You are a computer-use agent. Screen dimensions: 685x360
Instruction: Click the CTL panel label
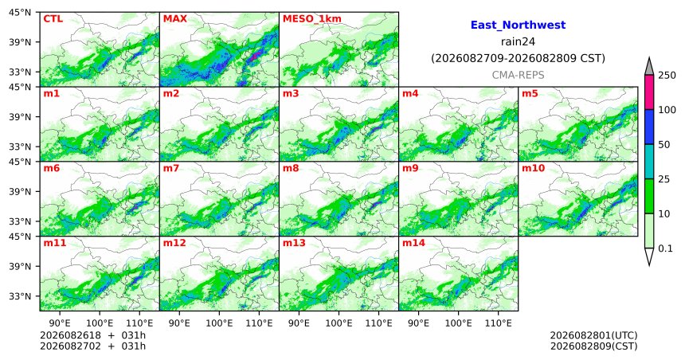click(53, 19)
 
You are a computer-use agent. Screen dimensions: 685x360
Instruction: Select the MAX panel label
click(174, 19)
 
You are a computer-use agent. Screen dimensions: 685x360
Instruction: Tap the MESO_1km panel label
click(312, 19)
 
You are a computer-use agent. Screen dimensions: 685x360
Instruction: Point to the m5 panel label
click(530, 93)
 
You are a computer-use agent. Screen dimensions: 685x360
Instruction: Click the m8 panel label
click(291, 168)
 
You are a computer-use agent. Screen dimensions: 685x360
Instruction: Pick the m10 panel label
click(533, 168)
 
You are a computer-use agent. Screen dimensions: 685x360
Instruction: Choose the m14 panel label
click(413, 242)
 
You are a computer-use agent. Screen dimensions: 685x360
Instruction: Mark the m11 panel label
click(55, 242)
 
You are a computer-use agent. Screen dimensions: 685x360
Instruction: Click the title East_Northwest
click(518, 25)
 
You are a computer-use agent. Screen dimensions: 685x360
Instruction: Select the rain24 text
click(518, 41)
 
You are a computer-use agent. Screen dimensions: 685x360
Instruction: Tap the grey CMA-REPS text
click(518, 75)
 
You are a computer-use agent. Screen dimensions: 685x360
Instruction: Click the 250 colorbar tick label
click(667, 76)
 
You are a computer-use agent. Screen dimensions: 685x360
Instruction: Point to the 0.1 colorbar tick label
click(665, 248)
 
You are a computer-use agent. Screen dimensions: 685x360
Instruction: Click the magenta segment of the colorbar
click(649, 92)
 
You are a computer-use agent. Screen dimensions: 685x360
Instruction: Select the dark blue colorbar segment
click(649, 127)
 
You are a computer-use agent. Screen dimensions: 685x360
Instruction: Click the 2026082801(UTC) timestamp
click(593, 335)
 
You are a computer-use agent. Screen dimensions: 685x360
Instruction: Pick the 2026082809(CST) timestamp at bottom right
click(593, 346)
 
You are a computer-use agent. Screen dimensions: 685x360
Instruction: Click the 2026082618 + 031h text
click(92, 335)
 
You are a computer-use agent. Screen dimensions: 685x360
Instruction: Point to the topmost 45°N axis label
click(20, 12)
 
